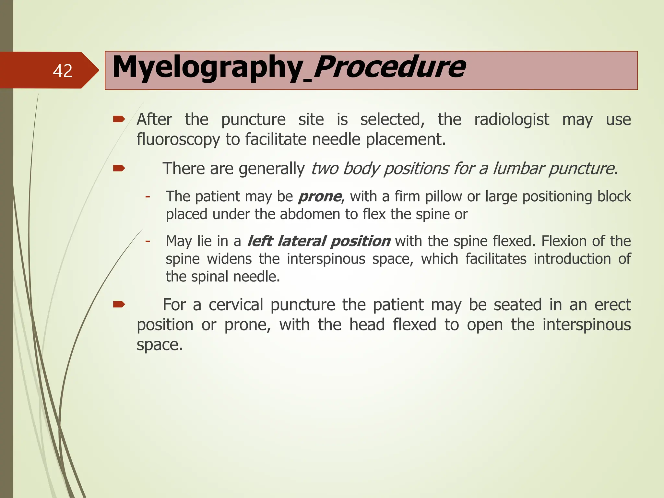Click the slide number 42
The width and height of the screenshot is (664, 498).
pos(63,71)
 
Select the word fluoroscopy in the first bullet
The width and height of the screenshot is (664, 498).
pos(178,140)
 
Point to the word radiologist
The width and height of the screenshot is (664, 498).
pos(511,120)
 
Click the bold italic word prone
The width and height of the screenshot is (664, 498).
pos(320,196)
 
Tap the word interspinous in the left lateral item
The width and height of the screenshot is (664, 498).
pos(326,259)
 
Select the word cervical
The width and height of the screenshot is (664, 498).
pos(236,305)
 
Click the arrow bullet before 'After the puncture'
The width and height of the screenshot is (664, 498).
pos(119,120)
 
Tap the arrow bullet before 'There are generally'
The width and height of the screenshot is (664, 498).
pos(119,168)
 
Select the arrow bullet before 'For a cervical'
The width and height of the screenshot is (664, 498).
pos(119,304)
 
